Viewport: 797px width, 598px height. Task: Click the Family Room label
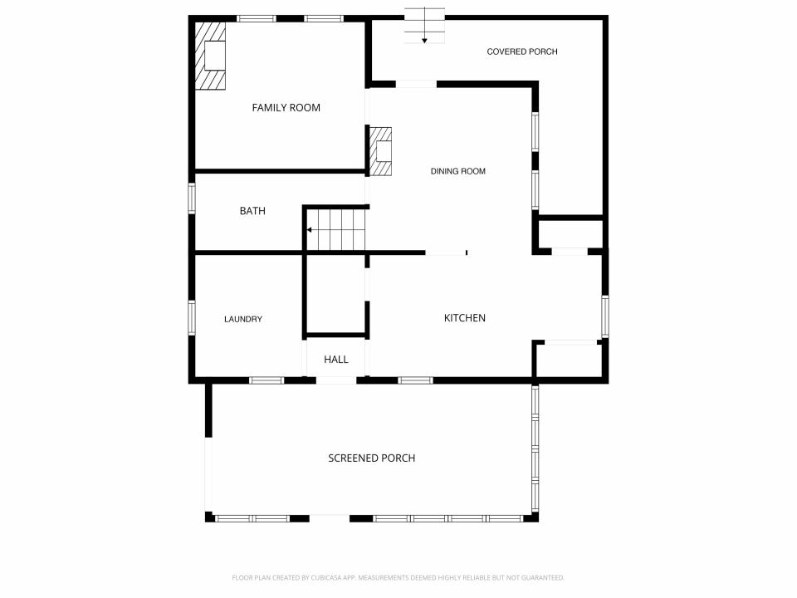coord(286,108)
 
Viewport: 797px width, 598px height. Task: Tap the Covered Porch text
coord(522,51)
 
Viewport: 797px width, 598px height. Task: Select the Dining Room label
coord(458,171)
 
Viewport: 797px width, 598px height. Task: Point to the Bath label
coord(252,211)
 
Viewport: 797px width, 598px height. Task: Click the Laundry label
coord(243,319)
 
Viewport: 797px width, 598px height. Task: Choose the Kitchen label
coord(465,318)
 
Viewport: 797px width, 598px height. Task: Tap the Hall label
coord(336,360)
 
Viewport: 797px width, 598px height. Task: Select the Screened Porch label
coord(372,458)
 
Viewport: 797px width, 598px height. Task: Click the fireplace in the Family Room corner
coord(210,56)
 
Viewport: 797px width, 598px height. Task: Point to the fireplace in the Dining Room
coord(380,151)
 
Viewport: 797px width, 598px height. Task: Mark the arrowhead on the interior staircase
coord(309,230)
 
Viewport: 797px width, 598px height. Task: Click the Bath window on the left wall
coord(192,199)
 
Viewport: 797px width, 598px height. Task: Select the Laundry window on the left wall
coord(192,318)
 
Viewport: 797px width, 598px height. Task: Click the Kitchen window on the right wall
coord(605,316)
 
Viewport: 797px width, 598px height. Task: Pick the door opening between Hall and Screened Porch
coord(336,380)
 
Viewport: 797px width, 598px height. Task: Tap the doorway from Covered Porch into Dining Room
coord(416,84)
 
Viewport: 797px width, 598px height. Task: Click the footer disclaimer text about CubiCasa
coord(398,578)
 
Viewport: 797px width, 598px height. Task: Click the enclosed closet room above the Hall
coord(336,294)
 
